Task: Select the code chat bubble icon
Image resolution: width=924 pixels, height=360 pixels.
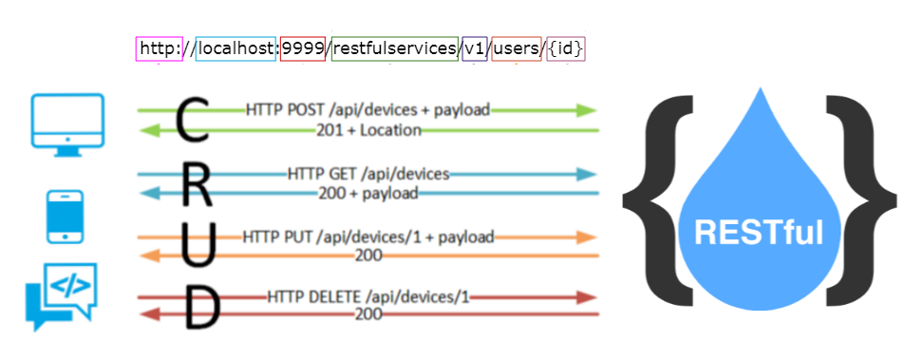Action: [62, 296]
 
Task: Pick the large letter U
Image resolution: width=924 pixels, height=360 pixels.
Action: [198, 245]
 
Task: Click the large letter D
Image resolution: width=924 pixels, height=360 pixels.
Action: [200, 309]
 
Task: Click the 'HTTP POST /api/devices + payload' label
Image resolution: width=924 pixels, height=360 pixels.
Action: [368, 110]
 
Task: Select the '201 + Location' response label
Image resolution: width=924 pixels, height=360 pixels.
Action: [368, 130]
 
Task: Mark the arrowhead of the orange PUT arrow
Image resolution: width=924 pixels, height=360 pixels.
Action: [586, 237]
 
